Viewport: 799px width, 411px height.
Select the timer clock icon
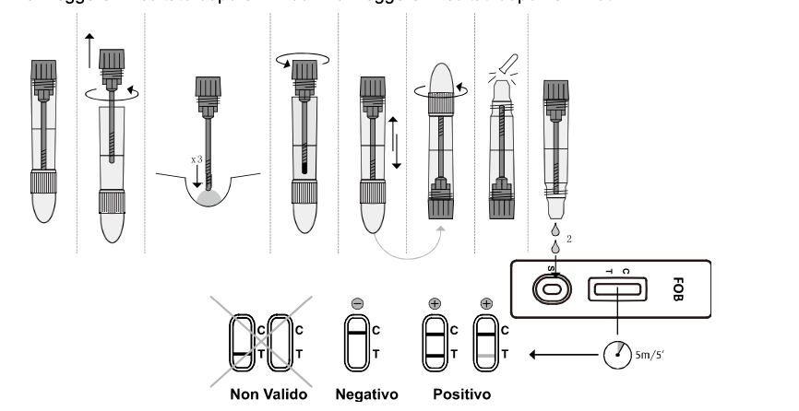click(x=617, y=353)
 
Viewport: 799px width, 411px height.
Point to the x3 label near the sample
click(x=197, y=159)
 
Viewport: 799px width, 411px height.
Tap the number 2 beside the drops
click(x=570, y=238)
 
